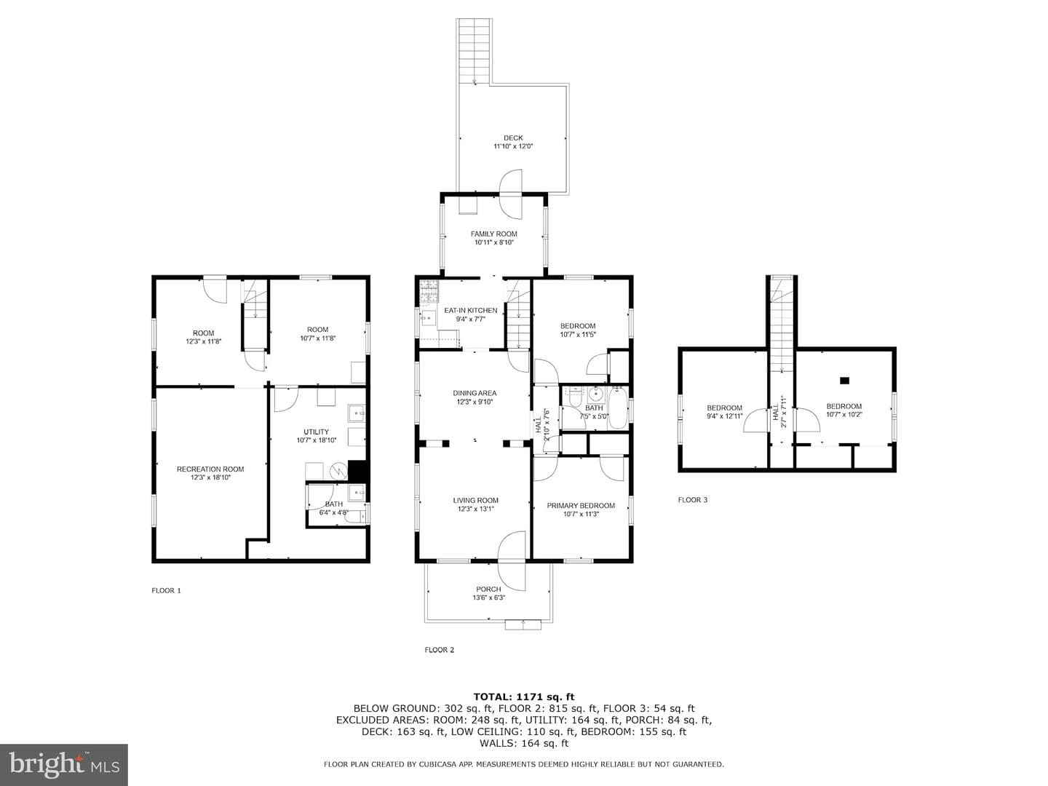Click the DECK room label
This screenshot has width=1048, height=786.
513,138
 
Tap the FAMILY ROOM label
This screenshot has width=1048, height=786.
493,234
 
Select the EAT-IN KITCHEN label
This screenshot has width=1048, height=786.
471,310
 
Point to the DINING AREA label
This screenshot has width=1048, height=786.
475,393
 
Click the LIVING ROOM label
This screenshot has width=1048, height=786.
475,500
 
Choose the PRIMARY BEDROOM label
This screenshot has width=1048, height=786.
581,505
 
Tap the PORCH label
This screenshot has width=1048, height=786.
488,589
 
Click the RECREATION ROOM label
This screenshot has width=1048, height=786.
210,469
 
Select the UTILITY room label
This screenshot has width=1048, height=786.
316,432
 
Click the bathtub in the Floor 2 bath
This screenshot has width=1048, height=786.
618,409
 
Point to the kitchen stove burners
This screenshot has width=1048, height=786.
429,291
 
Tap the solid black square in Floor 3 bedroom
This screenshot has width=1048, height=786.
845,381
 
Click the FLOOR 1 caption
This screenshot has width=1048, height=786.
166,590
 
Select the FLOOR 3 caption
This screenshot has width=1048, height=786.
693,500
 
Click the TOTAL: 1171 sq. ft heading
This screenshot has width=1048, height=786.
524,697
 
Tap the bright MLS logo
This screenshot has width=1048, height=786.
64,766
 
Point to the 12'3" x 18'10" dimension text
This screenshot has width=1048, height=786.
210,477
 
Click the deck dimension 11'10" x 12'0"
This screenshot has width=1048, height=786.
513,146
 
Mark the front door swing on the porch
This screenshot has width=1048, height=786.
512,561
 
